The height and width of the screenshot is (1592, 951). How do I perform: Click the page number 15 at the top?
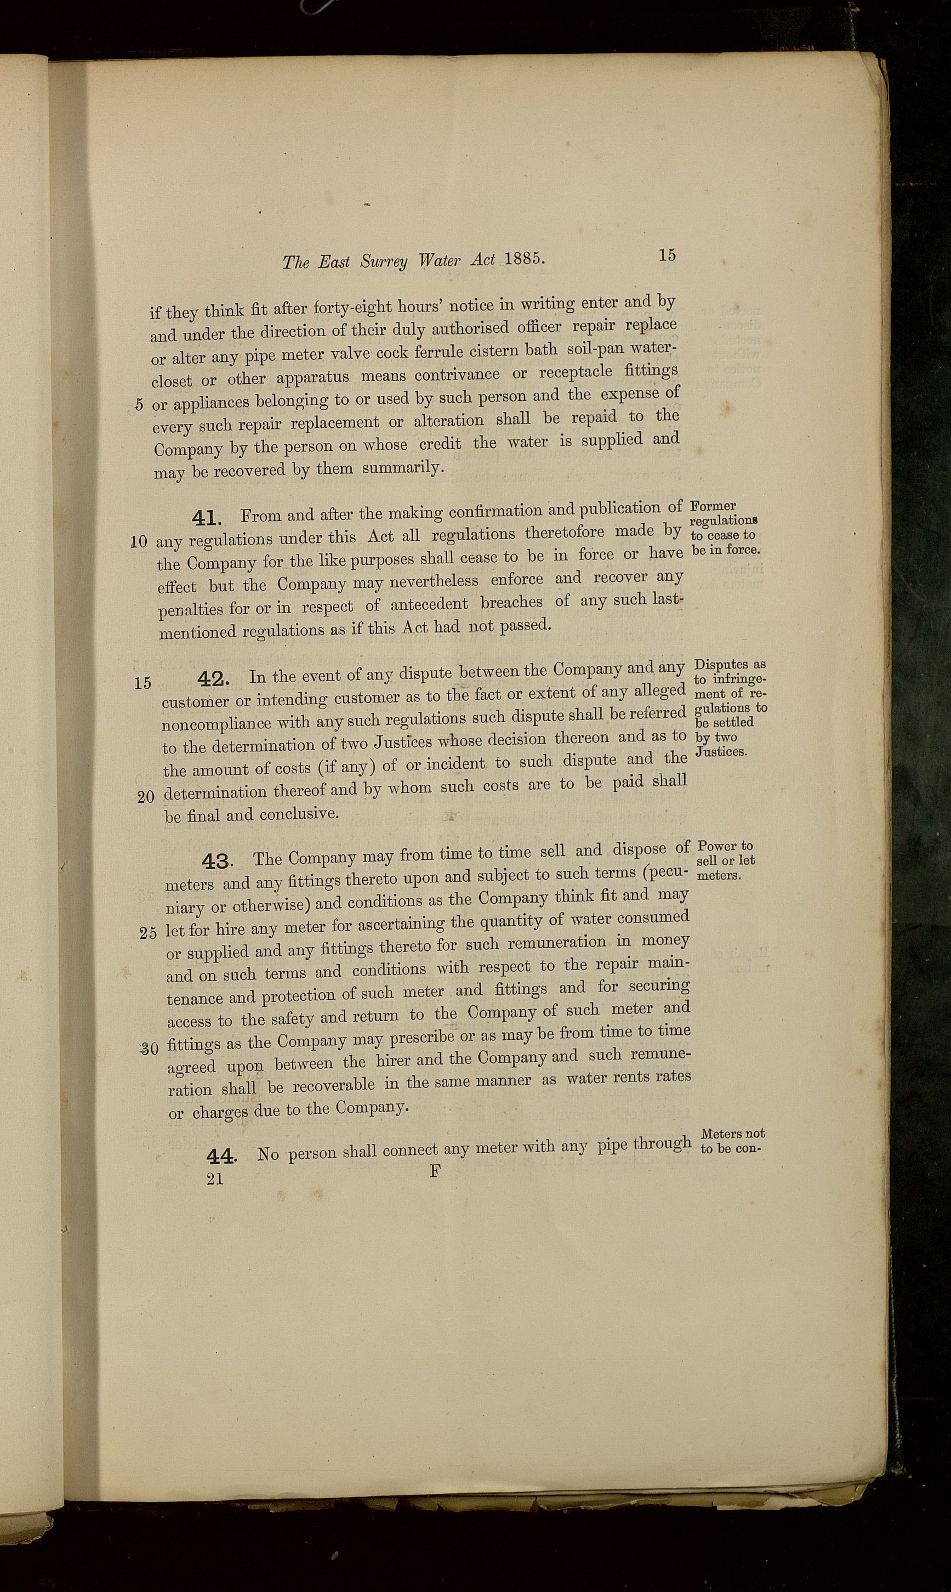coord(667,254)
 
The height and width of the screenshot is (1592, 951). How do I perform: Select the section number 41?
coord(206,518)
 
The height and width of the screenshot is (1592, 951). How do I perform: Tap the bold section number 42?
coord(215,678)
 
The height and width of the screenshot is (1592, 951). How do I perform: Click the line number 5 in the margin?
coord(139,405)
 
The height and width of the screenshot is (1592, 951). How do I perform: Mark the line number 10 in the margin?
coord(139,541)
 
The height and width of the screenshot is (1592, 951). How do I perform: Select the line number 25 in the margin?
coord(148,933)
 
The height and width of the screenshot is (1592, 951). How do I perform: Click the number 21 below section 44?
coord(215,1179)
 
